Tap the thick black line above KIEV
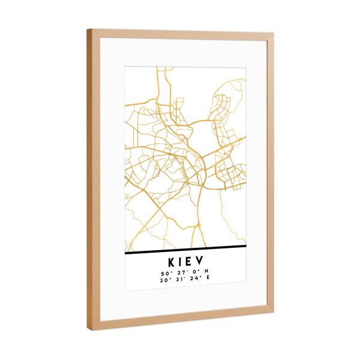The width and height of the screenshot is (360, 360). [186, 249]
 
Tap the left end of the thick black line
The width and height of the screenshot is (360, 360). [126, 253]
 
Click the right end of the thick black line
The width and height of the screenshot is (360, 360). [246, 245]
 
